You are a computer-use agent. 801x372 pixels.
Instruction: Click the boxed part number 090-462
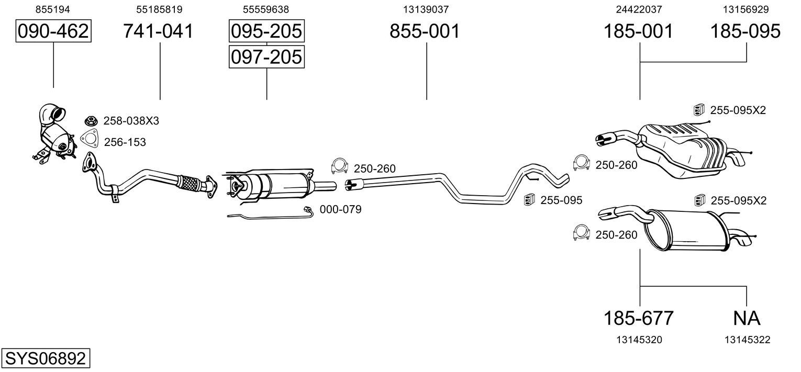(x=53, y=31)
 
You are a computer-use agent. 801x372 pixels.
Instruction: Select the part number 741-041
(x=159, y=31)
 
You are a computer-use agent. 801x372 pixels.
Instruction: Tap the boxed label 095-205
(x=266, y=31)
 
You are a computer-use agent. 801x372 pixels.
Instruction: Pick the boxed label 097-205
(x=266, y=57)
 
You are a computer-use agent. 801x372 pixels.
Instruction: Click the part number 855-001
(x=425, y=31)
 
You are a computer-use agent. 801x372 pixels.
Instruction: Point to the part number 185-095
(x=745, y=31)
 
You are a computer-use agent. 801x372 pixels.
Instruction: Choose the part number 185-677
(x=639, y=318)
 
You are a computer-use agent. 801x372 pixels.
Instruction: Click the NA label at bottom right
(x=747, y=318)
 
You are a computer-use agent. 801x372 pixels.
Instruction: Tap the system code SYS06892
(x=46, y=358)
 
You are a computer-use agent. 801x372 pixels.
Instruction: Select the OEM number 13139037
(x=426, y=9)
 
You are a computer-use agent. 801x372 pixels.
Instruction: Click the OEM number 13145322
(x=748, y=340)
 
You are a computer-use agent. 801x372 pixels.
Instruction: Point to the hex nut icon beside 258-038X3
(x=92, y=121)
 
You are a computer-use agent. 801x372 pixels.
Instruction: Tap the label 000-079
(x=340, y=209)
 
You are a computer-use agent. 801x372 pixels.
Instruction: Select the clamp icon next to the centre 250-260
(x=339, y=166)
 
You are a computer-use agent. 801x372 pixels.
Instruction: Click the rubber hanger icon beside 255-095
(x=529, y=199)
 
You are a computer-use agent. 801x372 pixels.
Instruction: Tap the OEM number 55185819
(x=159, y=9)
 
